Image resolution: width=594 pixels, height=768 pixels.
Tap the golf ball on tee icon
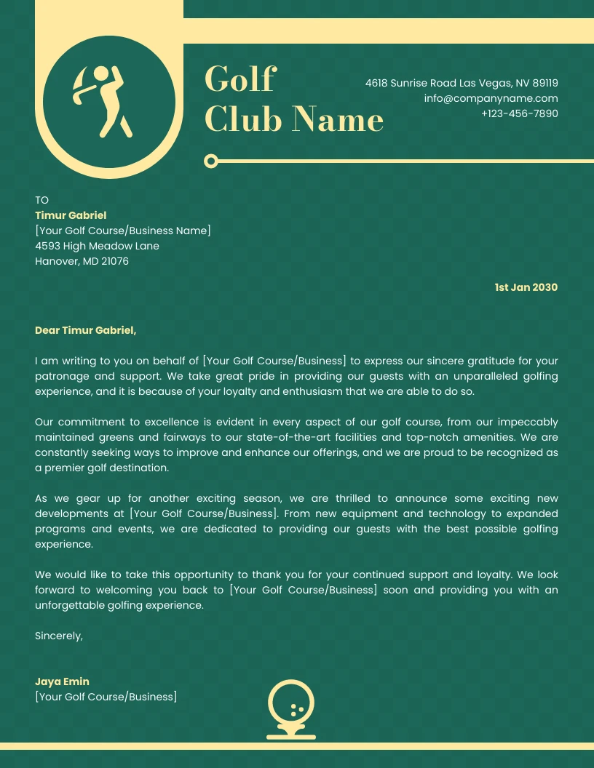pos(291,708)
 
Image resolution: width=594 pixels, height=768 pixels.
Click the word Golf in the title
pos(239,79)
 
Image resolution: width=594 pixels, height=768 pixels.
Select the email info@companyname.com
pos(491,98)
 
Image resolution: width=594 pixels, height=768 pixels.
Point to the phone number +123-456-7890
pos(519,113)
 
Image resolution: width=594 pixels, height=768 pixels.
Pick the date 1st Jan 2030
pos(526,287)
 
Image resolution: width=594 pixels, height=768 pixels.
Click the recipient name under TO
pos(71,215)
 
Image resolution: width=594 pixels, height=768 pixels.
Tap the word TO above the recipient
pos(41,200)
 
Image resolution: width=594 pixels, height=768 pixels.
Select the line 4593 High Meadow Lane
pos(97,246)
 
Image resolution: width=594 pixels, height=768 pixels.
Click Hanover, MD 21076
pos(82,261)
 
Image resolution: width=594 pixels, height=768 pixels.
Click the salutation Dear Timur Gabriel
pos(85,330)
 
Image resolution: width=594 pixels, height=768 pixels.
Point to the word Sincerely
pos(59,636)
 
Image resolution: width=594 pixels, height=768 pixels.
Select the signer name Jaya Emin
pos(62,681)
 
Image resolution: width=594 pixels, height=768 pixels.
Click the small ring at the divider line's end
pos(211,161)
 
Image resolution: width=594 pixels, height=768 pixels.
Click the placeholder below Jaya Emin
pos(106,697)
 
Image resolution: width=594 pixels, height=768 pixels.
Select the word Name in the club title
pos(338,119)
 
